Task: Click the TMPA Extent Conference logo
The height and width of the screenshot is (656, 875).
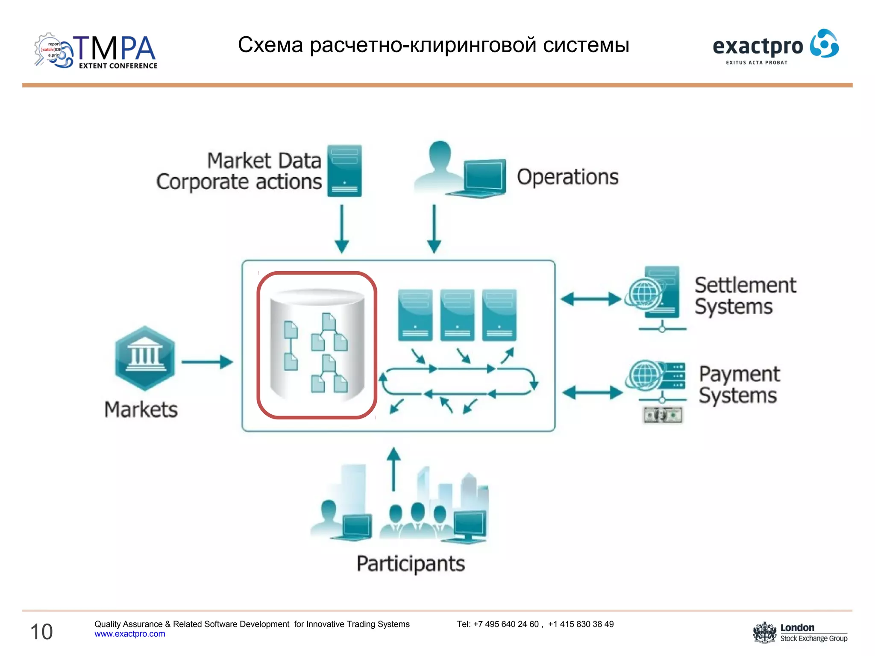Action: [96, 51]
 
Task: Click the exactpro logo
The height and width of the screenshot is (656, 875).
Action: [775, 46]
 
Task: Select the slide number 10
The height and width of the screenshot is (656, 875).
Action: [41, 632]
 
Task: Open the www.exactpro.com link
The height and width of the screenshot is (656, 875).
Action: [129, 634]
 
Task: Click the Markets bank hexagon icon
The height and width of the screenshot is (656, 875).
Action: [145, 358]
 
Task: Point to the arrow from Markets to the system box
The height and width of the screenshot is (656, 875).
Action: [207, 362]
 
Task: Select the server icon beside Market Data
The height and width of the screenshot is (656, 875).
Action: [344, 171]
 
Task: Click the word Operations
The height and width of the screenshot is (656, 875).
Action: [567, 177]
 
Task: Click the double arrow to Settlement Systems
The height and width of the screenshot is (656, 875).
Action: [591, 299]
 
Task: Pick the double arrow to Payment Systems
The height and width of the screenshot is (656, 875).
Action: [592, 392]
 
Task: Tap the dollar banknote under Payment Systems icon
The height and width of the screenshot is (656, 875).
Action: [663, 415]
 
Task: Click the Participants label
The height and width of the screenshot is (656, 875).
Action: [411, 564]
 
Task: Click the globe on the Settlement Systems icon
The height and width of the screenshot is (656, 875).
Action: [643, 293]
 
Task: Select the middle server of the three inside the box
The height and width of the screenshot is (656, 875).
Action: [457, 315]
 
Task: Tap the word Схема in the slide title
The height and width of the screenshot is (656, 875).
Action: [270, 45]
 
